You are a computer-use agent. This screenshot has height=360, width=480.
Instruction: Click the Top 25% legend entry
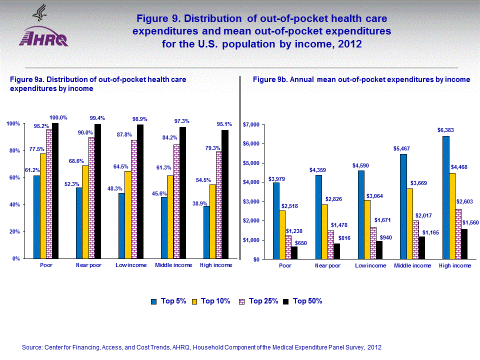(259, 301)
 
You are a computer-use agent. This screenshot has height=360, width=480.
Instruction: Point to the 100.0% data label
(58, 118)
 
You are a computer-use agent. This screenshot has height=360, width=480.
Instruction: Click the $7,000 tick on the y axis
(250, 124)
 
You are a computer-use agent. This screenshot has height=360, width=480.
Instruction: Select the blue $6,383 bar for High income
(446, 197)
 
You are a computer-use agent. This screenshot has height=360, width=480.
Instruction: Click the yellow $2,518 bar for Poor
(282, 235)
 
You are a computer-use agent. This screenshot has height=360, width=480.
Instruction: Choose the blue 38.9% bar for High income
(206, 232)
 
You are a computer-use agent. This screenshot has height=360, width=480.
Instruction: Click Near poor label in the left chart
(88, 265)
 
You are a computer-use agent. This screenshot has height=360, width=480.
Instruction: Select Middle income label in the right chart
(413, 265)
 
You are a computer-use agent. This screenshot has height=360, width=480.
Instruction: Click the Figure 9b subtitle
(361, 79)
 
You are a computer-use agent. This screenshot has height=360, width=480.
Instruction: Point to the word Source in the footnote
(32, 347)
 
